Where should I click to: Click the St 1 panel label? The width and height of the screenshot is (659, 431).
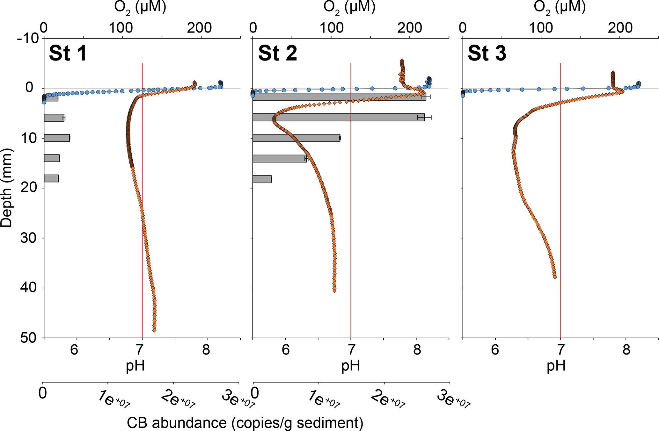click(x=68, y=53)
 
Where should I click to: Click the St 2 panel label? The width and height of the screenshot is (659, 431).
click(x=277, y=53)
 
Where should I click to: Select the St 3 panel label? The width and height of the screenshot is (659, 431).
click(x=487, y=53)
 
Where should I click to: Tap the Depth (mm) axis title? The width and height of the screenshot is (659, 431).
click(x=6, y=188)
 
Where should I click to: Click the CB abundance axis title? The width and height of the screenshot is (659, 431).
click(x=245, y=423)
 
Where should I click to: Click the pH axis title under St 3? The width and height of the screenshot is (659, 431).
click(x=556, y=366)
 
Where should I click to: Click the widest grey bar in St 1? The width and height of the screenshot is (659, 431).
click(x=57, y=138)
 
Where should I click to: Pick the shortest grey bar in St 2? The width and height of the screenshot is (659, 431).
click(x=262, y=179)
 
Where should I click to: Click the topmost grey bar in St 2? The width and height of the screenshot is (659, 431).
click(x=339, y=97)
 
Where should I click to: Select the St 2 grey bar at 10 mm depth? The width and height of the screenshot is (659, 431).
click(x=296, y=138)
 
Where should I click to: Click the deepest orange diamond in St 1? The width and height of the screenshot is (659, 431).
click(x=154, y=330)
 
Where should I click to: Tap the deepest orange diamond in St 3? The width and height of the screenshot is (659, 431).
click(x=555, y=277)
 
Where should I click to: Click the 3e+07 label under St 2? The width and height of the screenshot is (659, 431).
click(x=453, y=399)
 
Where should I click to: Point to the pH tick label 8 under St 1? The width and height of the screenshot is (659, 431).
click(x=206, y=350)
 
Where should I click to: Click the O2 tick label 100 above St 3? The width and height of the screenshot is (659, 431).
click(x=541, y=28)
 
